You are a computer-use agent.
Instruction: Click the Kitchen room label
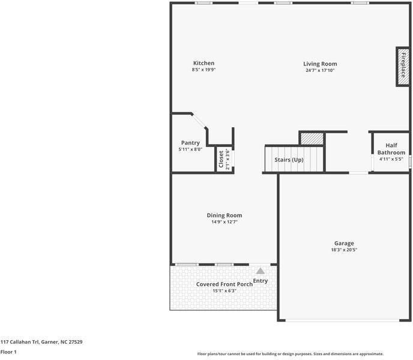(x=203, y=64)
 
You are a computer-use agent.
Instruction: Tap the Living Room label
(x=320, y=64)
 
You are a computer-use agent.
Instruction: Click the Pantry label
(x=190, y=143)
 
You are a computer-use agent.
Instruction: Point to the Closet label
(x=221, y=160)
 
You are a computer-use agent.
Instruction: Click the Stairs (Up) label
(x=289, y=160)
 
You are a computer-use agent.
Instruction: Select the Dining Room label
(x=225, y=215)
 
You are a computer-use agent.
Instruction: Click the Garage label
(x=344, y=243)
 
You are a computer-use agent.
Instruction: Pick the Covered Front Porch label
(x=225, y=284)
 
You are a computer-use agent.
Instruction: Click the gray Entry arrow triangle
(x=261, y=272)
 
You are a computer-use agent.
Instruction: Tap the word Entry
(x=261, y=281)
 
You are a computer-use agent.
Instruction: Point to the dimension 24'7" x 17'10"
(x=320, y=71)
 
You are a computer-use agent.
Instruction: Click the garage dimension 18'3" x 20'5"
(x=344, y=250)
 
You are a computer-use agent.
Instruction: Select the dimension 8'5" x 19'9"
(x=203, y=70)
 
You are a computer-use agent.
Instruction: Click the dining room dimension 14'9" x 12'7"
(x=225, y=222)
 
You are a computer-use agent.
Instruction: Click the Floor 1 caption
(x=8, y=352)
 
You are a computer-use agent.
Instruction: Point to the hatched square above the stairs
(x=312, y=138)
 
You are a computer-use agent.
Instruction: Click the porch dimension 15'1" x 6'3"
(x=225, y=291)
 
